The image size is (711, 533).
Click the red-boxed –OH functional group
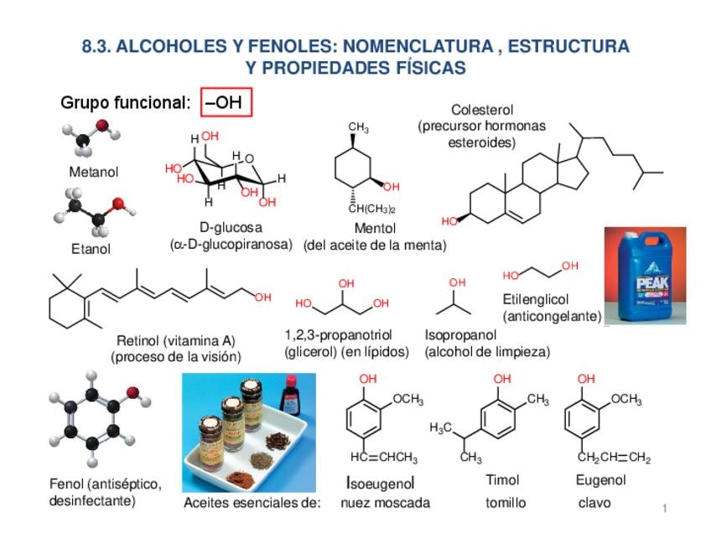[x=226, y=103]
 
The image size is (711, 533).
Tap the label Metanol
[x=93, y=172]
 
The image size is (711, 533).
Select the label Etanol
[x=91, y=249]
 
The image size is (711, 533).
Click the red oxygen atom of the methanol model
[x=102, y=126]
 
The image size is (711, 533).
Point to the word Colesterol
[x=481, y=110]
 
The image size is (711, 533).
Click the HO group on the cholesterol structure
[x=450, y=221]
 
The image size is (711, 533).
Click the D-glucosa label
[x=231, y=227]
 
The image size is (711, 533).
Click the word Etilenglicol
[x=536, y=299]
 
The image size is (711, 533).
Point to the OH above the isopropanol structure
[x=457, y=283]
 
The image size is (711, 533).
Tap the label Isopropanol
[x=461, y=334]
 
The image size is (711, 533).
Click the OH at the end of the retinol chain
[x=263, y=297]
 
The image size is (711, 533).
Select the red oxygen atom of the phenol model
[x=132, y=391]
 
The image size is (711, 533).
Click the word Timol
[x=502, y=480]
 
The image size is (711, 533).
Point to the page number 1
[x=663, y=509]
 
